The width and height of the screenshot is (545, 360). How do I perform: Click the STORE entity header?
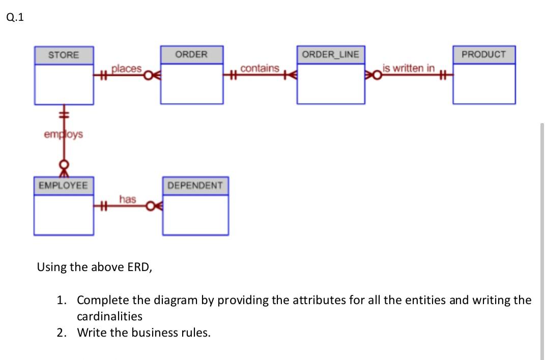pyautogui.click(x=64, y=55)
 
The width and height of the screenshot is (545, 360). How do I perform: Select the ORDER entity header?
pyautogui.click(x=191, y=54)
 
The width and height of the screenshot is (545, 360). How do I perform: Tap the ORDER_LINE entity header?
pyautogui.click(x=330, y=54)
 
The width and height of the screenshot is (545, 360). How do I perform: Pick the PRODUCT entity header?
pyautogui.click(x=483, y=54)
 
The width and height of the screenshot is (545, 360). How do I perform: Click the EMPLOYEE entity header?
pyautogui.click(x=63, y=185)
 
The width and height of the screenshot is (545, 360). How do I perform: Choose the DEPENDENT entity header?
pyautogui.click(x=195, y=186)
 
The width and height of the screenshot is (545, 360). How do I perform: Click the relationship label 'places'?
pyautogui.click(x=126, y=68)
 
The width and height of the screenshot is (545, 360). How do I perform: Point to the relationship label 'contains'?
pyautogui.click(x=260, y=68)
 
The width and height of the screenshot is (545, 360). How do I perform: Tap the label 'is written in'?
pyautogui.click(x=409, y=68)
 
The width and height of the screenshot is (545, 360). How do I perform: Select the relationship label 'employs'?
pyautogui.click(x=63, y=135)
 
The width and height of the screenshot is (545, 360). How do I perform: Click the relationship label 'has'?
pyautogui.click(x=127, y=199)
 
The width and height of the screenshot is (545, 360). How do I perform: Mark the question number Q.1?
pyautogui.click(x=15, y=18)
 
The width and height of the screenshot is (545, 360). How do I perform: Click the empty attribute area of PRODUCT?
pyautogui.click(x=483, y=83)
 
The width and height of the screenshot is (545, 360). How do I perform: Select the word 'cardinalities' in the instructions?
pyautogui.click(x=109, y=316)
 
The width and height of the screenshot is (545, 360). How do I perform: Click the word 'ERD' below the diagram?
pyautogui.click(x=139, y=267)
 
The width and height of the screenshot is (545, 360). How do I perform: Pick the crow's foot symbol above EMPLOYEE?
pyautogui.click(x=64, y=171)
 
